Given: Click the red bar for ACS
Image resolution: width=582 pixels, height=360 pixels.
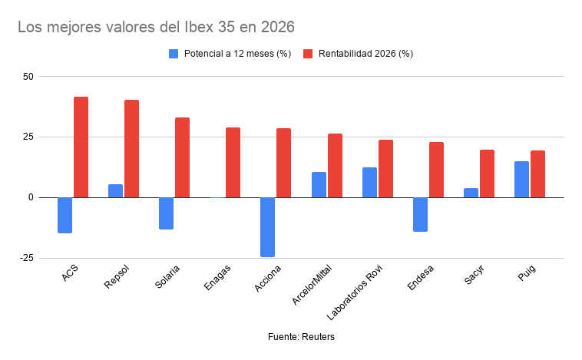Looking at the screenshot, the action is coord(81,147).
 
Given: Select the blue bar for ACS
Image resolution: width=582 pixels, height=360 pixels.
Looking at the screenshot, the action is coord(65,215).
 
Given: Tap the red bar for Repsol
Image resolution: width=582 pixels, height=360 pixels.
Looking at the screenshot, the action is coord(132,148).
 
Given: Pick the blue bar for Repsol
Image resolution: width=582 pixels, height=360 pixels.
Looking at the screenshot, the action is coord(115,191).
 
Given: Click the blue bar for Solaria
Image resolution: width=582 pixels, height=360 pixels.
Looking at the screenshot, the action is coord(167,213).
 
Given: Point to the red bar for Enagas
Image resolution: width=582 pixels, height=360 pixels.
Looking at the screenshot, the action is coord(233,163).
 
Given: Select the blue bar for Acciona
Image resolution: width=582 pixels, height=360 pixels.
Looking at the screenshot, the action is coord(268,227).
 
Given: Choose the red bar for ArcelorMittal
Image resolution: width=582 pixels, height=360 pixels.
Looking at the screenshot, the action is coord(335,166).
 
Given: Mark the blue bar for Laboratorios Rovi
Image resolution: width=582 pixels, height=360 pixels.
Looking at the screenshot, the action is coord(369,183).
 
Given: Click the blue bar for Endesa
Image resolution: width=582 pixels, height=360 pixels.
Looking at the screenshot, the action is coord(420,214).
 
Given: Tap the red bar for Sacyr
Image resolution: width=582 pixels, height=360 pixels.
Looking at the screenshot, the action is coord(487,173).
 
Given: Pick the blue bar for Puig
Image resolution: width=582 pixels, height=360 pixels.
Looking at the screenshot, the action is coord(521,180).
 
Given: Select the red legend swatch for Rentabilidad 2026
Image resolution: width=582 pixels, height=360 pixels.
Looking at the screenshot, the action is coord(308,54).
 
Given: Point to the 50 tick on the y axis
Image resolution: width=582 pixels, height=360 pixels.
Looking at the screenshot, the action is coord(28,77).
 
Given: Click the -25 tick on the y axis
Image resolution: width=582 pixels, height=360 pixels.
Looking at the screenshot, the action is coord(27,258).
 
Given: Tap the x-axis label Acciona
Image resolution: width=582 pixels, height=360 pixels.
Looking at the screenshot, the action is coord(268,279).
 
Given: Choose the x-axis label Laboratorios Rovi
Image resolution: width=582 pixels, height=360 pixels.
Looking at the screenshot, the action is coord(355,292).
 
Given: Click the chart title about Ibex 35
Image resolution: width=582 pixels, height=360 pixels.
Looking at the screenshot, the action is coord(157,27).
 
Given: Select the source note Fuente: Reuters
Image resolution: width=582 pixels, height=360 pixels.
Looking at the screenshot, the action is coord(301,337).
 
